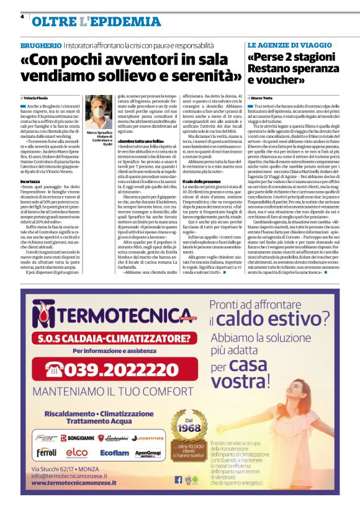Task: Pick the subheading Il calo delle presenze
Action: pos(202,163)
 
